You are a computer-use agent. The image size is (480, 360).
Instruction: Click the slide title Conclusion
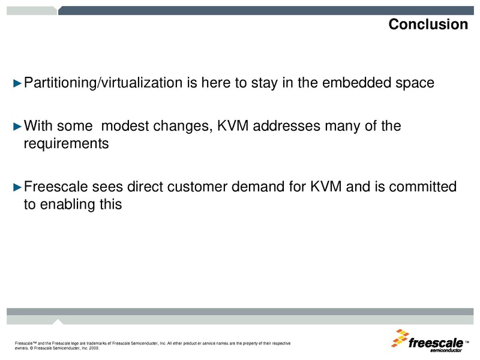428,25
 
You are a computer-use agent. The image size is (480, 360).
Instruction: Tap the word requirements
66,145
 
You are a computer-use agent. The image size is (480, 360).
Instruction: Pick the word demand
256,187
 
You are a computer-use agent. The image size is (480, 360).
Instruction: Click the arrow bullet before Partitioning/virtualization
17,83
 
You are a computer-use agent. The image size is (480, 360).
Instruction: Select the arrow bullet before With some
17,127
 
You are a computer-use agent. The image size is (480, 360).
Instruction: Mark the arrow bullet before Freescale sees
17,187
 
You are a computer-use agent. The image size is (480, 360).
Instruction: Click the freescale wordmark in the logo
436,343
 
